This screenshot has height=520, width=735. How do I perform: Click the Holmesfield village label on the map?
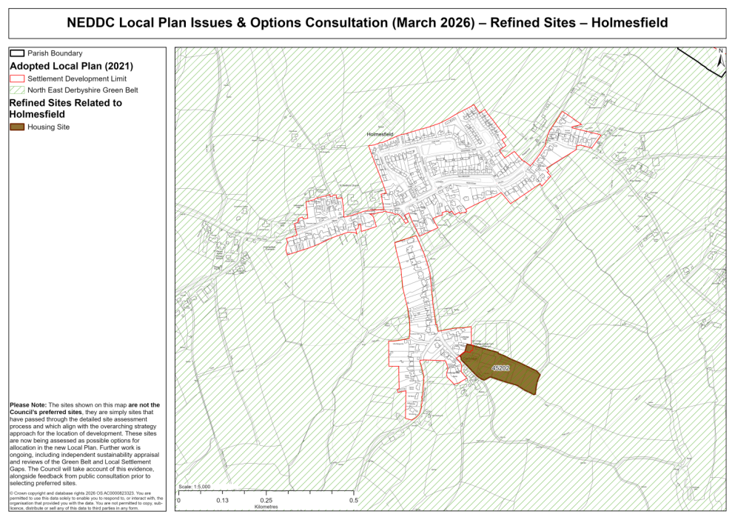pos(380,134)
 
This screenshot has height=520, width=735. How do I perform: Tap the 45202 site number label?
pos(501,367)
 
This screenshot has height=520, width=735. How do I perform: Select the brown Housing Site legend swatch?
pos(16,127)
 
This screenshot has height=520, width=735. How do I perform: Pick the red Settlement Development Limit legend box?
pos(16,78)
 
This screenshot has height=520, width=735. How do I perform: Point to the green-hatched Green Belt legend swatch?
pos(16,90)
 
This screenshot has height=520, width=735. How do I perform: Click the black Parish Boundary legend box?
pos(16,53)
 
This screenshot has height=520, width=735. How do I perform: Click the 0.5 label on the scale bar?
pos(354,501)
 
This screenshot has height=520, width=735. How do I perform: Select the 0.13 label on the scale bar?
pos(221,501)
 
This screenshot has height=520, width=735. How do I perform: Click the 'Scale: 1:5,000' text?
pos(195,487)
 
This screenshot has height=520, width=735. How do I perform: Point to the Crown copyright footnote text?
pos(81,500)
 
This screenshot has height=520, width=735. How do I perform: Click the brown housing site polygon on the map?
pos(511,374)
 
